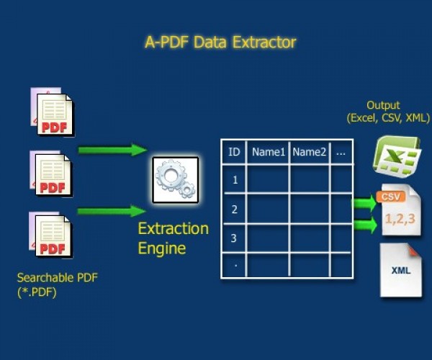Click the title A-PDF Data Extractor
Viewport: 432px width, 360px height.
coord(220,42)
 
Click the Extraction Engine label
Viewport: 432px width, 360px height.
coord(173,239)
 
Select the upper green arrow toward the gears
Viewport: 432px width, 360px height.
coord(112,150)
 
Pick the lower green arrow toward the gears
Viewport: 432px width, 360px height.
coord(112,211)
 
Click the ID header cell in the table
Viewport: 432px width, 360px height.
coord(234,152)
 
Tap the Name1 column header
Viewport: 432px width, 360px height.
coord(267,152)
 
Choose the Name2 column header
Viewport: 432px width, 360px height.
coord(310,152)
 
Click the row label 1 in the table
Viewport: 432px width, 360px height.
coord(234,179)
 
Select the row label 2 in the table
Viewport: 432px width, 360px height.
coord(234,209)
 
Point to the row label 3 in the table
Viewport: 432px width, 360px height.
coord(234,238)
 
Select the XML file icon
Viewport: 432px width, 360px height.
coord(400,271)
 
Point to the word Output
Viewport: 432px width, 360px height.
coord(383,105)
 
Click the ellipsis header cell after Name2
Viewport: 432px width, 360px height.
coord(341,152)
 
